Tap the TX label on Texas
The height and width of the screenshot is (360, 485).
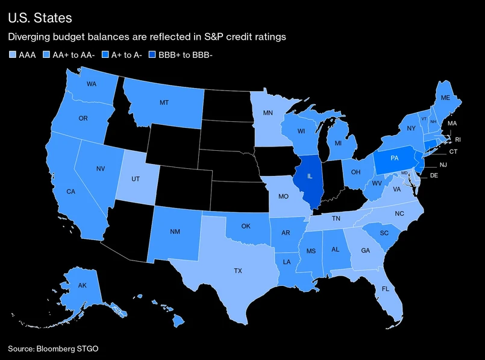[x=238, y=271]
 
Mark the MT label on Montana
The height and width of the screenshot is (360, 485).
[x=164, y=103]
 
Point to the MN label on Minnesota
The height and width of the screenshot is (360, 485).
[x=269, y=112]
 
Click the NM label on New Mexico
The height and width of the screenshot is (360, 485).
[x=174, y=232]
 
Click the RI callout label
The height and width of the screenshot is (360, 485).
[x=457, y=139]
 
